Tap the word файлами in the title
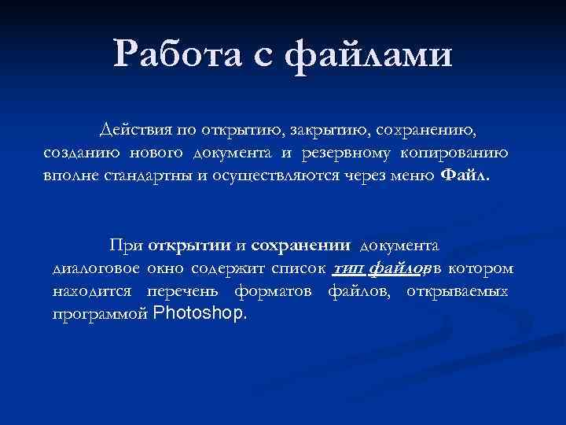point(369,55)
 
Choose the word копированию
point(458,151)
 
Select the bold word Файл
point(465,175)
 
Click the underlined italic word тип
point(347,269)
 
